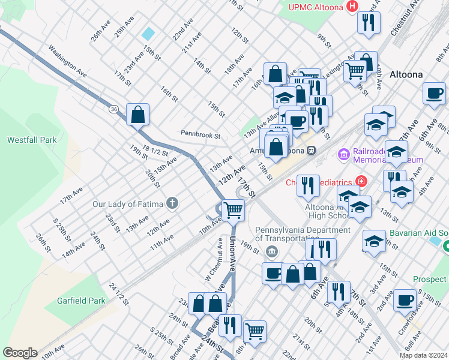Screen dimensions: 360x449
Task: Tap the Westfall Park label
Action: point(31,140)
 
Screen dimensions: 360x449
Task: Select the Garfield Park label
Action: point(81,301)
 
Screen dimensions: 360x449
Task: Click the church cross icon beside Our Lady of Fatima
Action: point(172,203)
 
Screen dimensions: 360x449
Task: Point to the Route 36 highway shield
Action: point(113,109)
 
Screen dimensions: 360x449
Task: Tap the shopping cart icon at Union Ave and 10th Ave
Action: point(233,210)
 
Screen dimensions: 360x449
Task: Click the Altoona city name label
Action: point(406,74)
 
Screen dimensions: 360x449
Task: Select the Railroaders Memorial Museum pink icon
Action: point(344,155)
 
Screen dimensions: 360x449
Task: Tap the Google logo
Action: point(20,353)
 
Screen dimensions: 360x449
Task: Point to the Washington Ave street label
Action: point(68,61)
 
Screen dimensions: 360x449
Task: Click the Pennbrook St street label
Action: point(200,135)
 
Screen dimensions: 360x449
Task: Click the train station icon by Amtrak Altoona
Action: point(311,151)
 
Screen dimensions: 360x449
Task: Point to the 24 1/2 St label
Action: point(119,293)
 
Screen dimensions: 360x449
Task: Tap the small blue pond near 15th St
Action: point(148,34)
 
